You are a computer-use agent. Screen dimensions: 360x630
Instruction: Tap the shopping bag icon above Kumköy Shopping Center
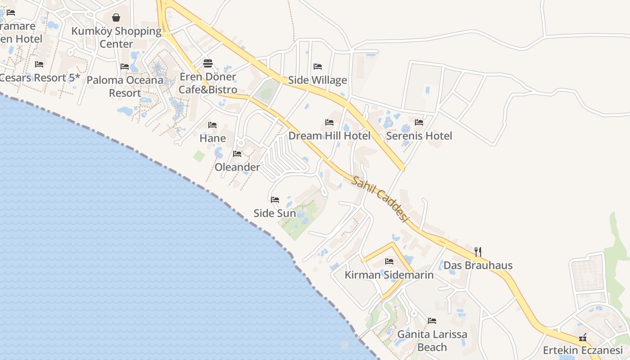[x=116, y=18]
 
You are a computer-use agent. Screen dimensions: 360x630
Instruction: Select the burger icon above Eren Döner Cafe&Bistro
[x=207, y=63]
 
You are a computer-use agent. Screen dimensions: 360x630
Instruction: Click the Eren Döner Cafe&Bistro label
[x=207, y=83]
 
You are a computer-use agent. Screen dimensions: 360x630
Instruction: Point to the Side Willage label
[x=317, y=80]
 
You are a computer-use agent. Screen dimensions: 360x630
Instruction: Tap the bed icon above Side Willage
[x=318, y=67]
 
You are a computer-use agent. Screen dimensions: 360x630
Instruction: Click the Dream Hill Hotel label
[x=329, y=135]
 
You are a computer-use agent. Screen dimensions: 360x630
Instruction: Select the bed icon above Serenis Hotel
[x=419, y=122]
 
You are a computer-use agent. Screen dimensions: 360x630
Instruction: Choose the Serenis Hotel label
[x=419, y=135]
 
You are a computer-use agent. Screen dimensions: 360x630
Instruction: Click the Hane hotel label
[x=212, y=138]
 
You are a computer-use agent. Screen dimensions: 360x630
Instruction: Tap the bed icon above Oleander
[x=237, y=154]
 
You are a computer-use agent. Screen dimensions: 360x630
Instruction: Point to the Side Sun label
[x=274, y=213]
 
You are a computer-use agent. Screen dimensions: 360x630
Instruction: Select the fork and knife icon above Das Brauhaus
[x=478, y=252]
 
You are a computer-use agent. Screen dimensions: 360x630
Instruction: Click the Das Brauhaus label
[x=478, y=265]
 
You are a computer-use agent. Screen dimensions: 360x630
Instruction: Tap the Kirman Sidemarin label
[x=389, y=274]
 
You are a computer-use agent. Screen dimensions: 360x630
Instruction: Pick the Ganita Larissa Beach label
[x=432, y=341]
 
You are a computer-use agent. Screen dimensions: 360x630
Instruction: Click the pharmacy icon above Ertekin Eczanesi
[x=583, y=337]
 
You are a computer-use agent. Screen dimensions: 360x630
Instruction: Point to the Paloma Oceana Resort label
[x=125, y=86]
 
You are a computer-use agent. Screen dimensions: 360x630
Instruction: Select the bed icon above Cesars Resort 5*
[x=39, y=64]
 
